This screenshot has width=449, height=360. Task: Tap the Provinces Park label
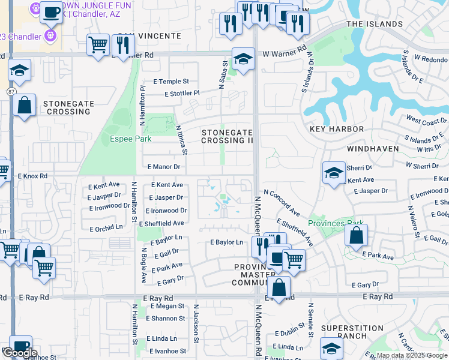(x=336, y=223)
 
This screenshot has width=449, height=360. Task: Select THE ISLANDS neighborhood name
(x=375, y=24)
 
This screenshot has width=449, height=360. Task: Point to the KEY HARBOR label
(x=337, y=129)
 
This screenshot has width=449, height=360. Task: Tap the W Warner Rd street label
(x=285, y=54)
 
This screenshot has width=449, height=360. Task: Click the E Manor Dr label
(x=163, y=167)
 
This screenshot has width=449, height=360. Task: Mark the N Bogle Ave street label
(x=143, y=265)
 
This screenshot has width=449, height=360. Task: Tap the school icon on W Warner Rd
(x=243, y=59)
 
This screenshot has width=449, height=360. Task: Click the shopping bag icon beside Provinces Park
(x=356, y=237)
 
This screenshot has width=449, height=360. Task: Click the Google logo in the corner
(x=20, y=352)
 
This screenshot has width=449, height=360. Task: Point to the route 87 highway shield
(x=12, y=91)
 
